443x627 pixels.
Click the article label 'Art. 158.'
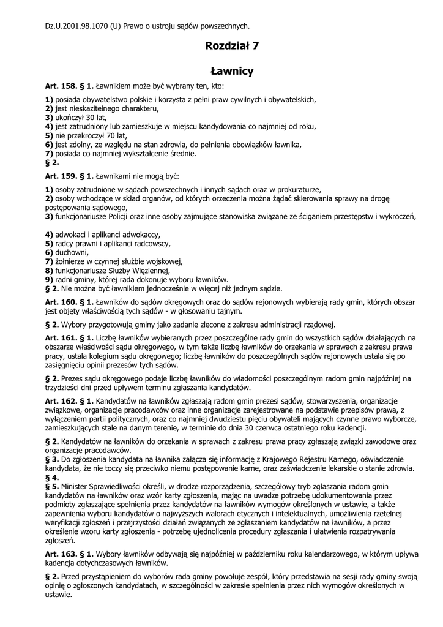tap(62, 88)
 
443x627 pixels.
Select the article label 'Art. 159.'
tap(62, 176)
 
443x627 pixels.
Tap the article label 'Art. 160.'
tap(62, 302)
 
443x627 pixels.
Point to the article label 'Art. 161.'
tap(62, 337)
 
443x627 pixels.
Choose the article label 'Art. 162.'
tap(62, 400)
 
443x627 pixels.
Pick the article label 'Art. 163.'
tap(62, 554)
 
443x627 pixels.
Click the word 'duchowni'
tap(72, 252)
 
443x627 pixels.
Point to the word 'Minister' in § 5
tap(77, 486)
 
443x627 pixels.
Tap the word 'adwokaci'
tap(73, 235)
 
